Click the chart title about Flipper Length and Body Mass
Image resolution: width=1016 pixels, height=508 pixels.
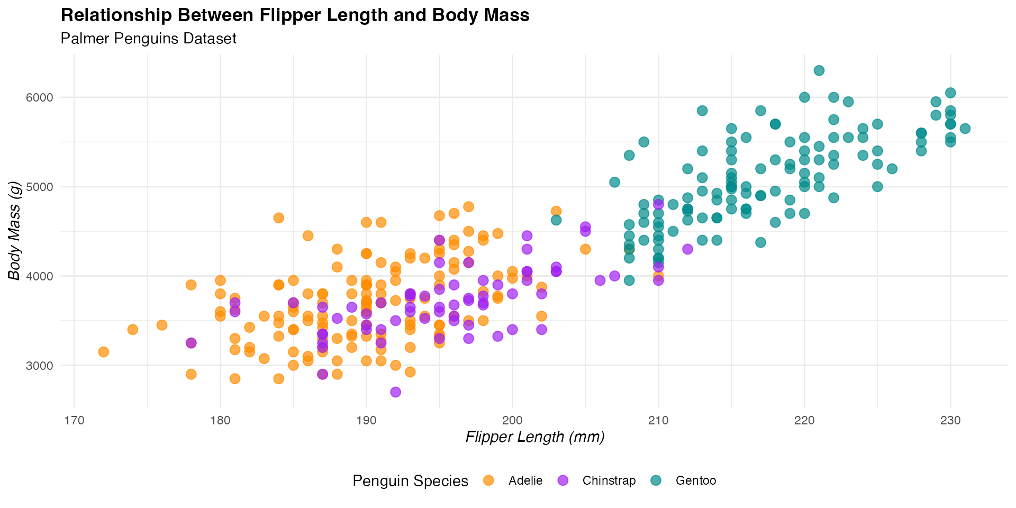click(295, 15)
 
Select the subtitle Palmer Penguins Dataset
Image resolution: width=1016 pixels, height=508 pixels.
click(148, 39)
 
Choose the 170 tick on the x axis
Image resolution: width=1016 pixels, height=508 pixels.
click(74, 421)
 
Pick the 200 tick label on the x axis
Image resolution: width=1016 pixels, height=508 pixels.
click(512, 421)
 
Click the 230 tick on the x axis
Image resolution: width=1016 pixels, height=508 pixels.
click(950, 421)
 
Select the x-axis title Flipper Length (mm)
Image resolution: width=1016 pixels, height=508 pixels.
click(535, 437)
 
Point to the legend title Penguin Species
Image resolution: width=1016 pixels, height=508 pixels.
click(410, 481)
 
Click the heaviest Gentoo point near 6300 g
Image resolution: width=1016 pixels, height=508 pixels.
click(819, 70)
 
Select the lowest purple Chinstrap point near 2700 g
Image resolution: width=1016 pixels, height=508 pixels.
click(395, 392)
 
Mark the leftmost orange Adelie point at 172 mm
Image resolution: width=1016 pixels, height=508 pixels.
click(103, 352)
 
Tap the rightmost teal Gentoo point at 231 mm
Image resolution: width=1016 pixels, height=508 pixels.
click(965, 129)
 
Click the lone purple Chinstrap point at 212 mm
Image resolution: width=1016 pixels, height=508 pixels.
click(687, 249)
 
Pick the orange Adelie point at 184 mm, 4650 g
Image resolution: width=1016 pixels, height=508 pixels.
click(279, 218)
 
